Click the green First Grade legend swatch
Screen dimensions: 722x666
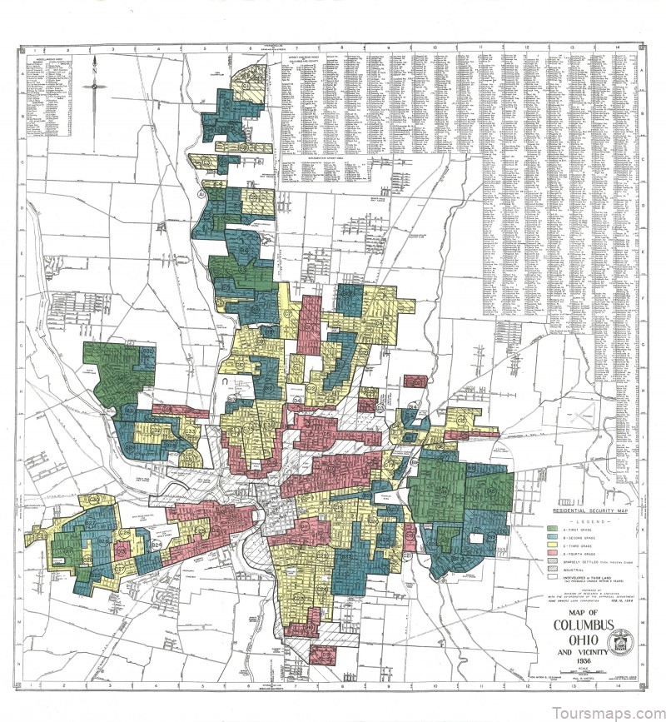[x=551, y=530]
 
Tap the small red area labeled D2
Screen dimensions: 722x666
[x=414, y=381]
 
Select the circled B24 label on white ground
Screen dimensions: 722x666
[x=157, y=545]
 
